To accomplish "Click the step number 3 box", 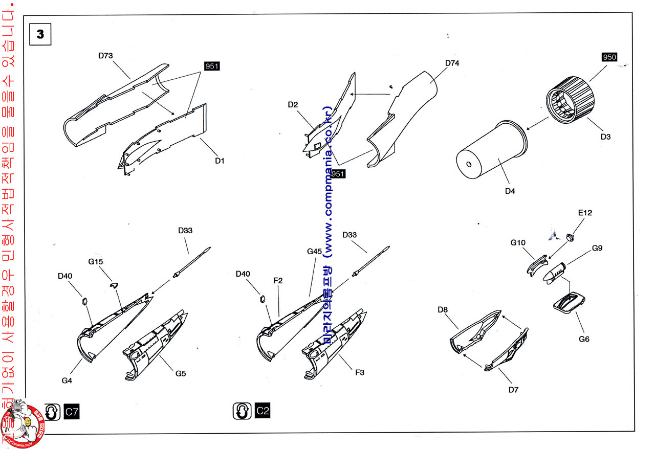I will pyautogui.click(x=40, y=34).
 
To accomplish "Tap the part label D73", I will pyautogui.click(x=105, y=55).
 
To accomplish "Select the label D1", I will pyautogui.click(x=220, y=161).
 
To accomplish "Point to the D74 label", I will pyautogui.click(x=452, y=63).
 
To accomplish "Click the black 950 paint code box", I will pyautogui.click(x=609, y=57).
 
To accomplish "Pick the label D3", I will pyautogui.click(x=606, y=137).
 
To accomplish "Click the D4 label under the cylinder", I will pyautogui.click(x=510, y=191).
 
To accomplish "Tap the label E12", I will pyautogui.click(x=585, y=213).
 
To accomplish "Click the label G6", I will pyautogui.click(x=584, y=339).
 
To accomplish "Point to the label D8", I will pyautogui.click(x=443, y=309).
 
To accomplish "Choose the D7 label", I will pyautogui.click(x=514, y=390).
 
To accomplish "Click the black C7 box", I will pyautogui.click(x=72, y=411).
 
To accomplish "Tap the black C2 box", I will pyautogui.click(x=262, y=410).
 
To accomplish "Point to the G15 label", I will pyautogui.click(x=96, y=261).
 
